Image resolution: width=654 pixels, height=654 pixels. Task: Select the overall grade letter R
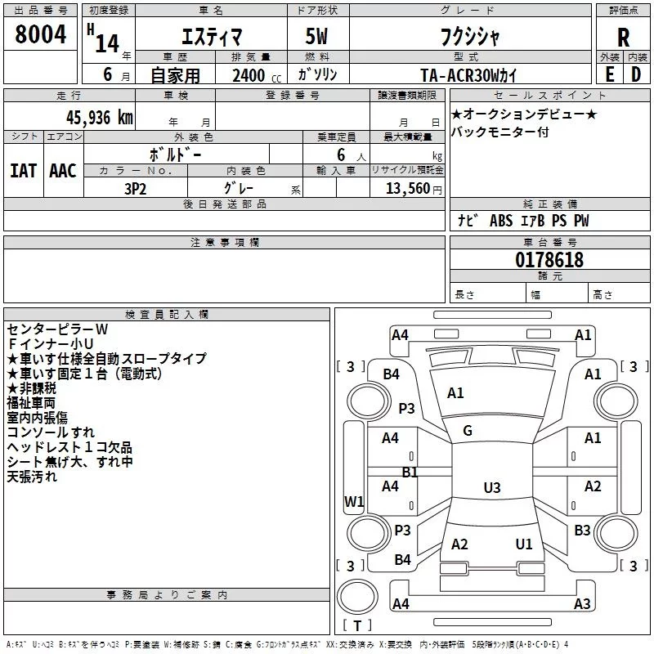624,38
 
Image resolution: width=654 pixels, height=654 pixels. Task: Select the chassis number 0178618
549,261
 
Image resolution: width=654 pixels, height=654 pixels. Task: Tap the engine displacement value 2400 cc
254,75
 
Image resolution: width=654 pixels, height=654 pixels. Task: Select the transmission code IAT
23,170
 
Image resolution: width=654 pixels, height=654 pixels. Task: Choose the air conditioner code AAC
63,170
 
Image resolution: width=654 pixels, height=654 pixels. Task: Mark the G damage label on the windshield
468,431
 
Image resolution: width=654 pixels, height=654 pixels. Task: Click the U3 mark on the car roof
491,488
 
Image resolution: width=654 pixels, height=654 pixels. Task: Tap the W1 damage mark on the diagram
354,502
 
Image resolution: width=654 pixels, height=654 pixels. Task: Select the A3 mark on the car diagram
582,604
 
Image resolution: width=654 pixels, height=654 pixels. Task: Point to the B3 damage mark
582,531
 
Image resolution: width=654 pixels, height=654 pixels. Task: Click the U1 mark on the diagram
524,544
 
